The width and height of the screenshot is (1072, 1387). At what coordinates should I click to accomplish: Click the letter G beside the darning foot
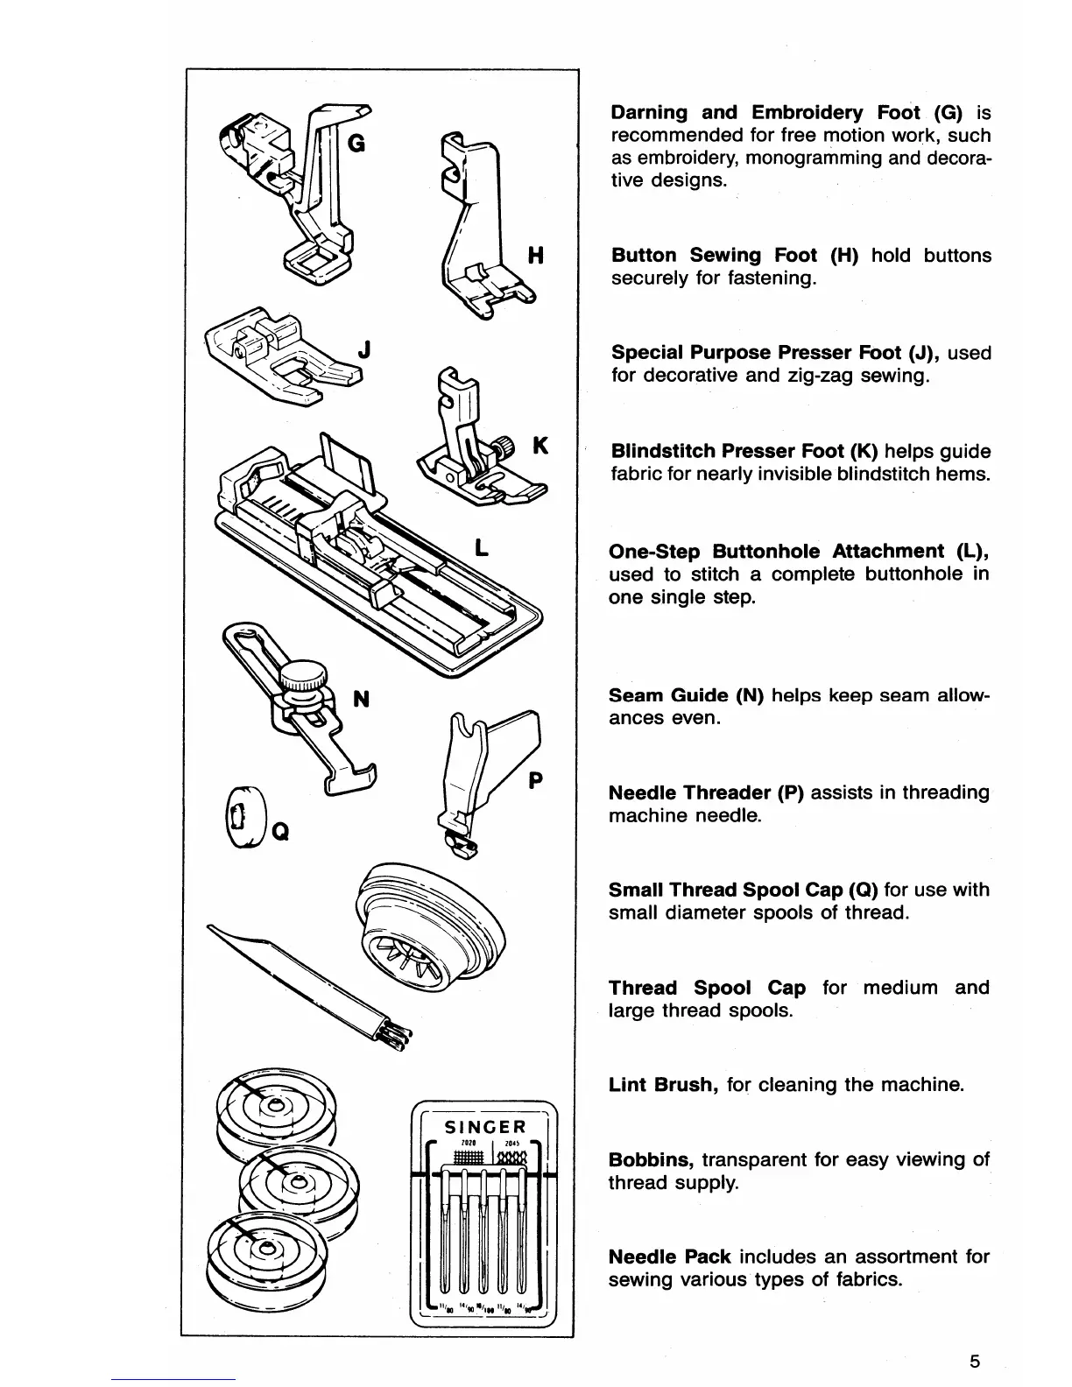click(356, 145)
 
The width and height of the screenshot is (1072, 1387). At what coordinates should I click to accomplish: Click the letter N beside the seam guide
click(360, 699)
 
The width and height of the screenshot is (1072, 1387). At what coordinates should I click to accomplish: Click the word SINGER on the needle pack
click(483, 1127)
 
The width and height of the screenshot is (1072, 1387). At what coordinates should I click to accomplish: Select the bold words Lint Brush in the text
click(664, 1085)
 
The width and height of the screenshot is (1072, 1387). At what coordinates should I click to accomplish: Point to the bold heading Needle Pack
click(670, 1257)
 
